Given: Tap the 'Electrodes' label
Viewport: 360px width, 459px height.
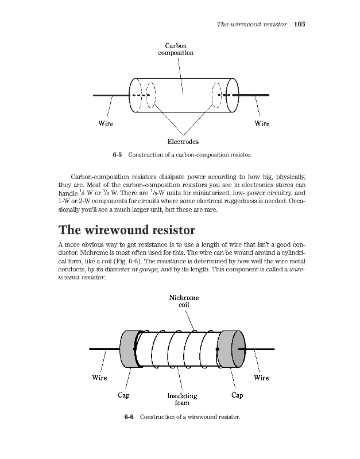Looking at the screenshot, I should click(183, 141).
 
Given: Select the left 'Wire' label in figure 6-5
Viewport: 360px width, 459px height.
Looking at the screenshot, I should click(106, 123).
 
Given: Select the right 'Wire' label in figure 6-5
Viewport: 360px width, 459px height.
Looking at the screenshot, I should click(262, 123).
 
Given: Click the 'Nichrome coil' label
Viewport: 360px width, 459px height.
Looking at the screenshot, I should click(184, 301).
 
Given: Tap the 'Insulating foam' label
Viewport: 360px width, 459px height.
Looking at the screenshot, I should click(182, 399).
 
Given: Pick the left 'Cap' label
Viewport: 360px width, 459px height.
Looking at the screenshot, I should click(123, 395).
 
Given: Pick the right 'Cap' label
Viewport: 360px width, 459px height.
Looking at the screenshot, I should click(237, 395).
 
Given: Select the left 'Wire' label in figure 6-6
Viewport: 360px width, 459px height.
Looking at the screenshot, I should click(99, 378).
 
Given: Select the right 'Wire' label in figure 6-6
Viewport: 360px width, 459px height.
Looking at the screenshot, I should click(261, 378).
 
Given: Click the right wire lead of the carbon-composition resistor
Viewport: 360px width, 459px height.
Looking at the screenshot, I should click(253, 95).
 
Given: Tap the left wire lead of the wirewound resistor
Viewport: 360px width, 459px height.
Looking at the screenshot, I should click(104, 349).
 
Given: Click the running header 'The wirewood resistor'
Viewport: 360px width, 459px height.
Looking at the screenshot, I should click(251, 25).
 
